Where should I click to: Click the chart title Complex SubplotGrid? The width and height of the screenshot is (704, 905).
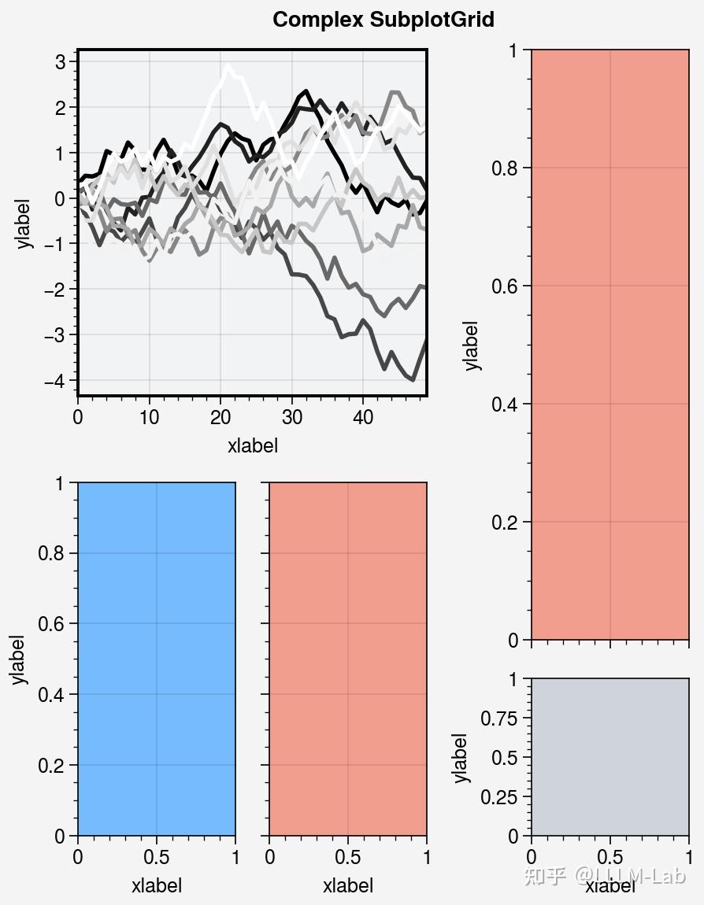tap(383, 20)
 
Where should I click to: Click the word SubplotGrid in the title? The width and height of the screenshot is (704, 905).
tap(432, 20)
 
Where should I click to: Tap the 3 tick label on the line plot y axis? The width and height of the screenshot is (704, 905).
tap(60, 62)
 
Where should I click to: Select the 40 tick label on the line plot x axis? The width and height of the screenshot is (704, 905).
tap(362, 417)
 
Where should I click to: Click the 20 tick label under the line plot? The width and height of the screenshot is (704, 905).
tap(220, 417)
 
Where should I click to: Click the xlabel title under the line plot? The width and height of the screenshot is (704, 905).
tap(252, 446)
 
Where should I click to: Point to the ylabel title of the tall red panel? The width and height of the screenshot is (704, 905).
tap(471, 345)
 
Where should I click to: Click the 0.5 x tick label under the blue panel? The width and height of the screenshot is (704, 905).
tap(156, 857)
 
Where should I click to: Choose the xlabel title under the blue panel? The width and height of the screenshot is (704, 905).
tap(156, 885)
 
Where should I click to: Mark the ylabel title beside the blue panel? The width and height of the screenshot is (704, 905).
tap(19, 659)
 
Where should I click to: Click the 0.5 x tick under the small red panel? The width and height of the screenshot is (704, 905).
tap(347, 857)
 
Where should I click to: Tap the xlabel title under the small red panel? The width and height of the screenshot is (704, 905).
tap(347, 885)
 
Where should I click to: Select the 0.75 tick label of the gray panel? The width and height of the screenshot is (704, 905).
tap(501, 718)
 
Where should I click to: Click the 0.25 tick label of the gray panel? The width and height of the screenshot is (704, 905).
tap(501, 797)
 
